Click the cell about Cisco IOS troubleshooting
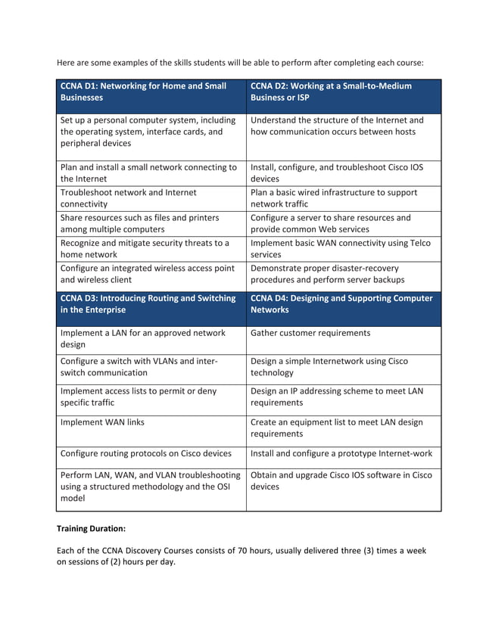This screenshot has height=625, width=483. (x=342, y=173)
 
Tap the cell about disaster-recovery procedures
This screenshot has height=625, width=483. (x=342, y=274)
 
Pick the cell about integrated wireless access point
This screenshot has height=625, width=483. (x=151, y=274)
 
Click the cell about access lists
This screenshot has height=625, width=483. (x=151, y=397)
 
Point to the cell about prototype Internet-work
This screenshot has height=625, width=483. (x=341, y=454)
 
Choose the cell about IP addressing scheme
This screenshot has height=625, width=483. (x=342, y=397)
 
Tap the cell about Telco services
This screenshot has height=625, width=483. (x=342, y=249)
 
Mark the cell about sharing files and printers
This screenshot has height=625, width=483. (x=151, y=223)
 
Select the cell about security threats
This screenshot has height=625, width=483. (x=151, y=249)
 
